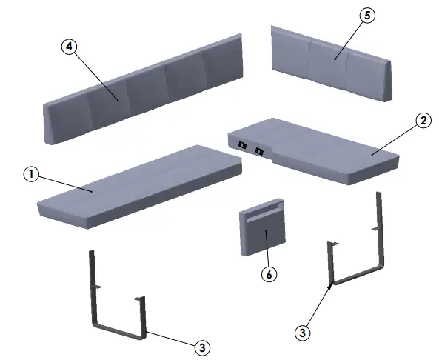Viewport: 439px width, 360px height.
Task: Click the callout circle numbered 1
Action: (30, 174)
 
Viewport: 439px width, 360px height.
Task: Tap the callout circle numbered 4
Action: (68, 46)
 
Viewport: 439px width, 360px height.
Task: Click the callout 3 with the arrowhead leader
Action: (301, 333)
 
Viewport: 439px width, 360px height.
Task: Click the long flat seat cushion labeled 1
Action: (141, 185)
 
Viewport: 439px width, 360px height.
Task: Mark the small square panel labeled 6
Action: (263, 231)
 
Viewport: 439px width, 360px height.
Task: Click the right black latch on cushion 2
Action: (258, 152)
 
